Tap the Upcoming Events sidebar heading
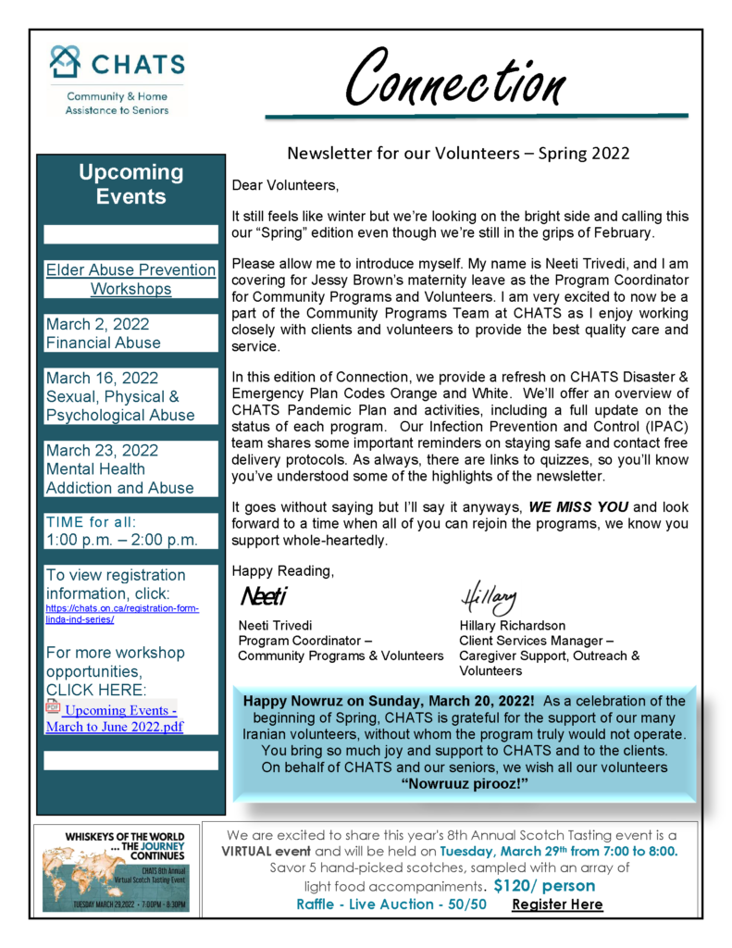point(130,184)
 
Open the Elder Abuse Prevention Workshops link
point(130,280)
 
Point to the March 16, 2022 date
point(102,378)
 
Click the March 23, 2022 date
point(102,451)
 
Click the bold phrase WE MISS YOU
point(578,508)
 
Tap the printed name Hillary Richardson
point(512,625)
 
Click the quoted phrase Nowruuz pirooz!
point(465,784)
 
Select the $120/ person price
point(545,885)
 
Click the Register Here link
point(557,904)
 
